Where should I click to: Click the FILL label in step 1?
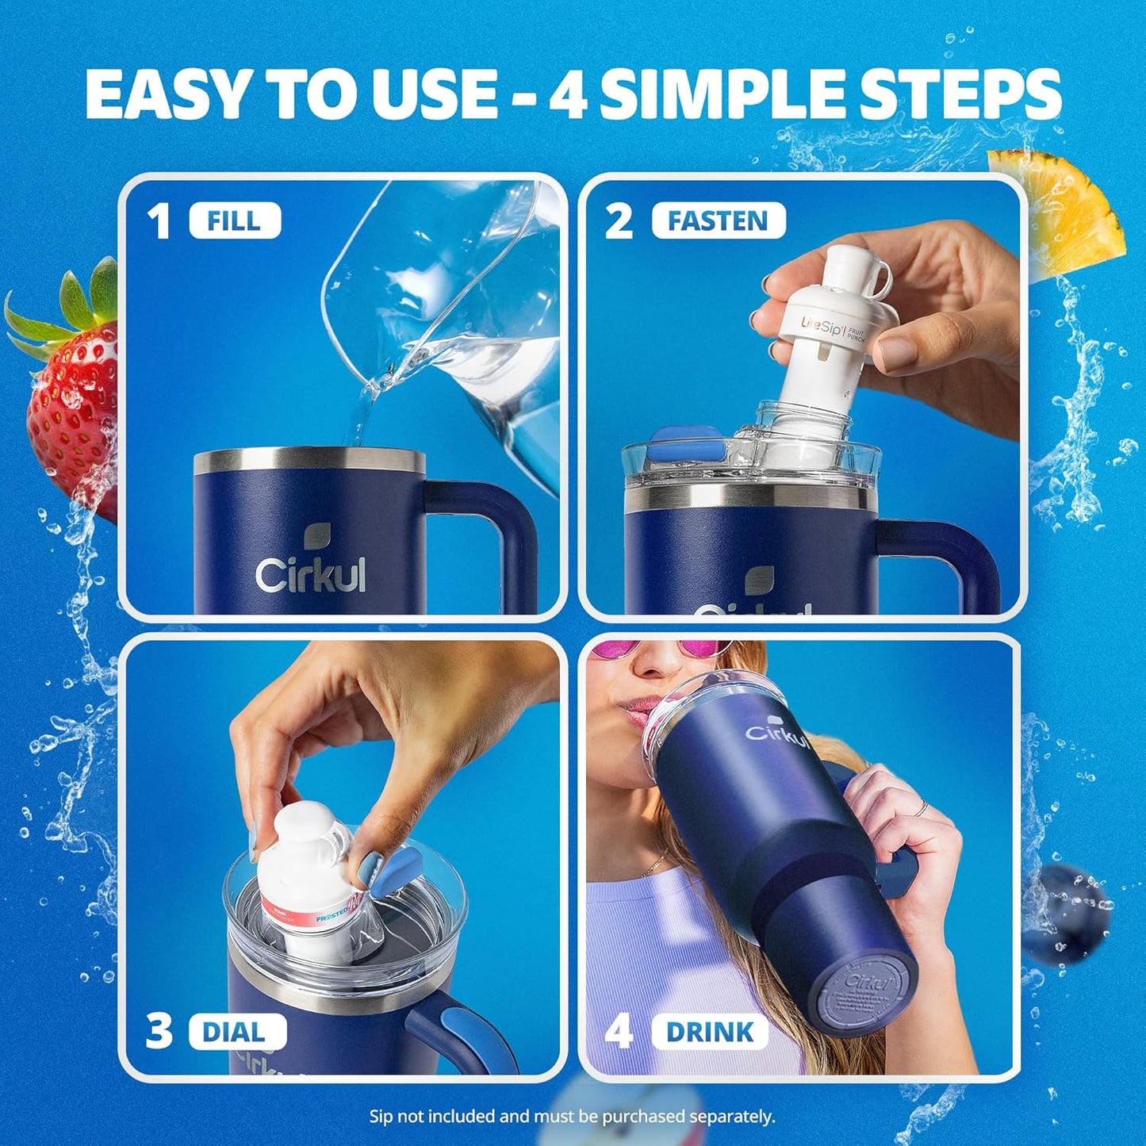pos(235,220)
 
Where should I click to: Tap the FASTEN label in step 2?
pos(718,220)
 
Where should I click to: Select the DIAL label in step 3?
pos(235,1032)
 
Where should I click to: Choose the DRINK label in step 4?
pos(709,1032)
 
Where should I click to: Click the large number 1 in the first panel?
pos(159,221)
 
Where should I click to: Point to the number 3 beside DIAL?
pos(159,1031)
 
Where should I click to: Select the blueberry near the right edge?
pos(1067,912)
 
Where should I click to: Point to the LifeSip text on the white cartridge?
pos(822,324)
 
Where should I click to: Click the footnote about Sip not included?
pos(572,1116)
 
